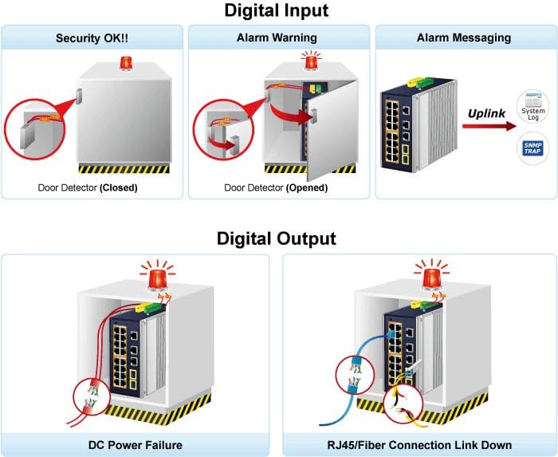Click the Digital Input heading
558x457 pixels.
[x=276, y=10]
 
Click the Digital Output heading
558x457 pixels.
[x=276, y=238]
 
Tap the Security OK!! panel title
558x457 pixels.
[x=92, y=37]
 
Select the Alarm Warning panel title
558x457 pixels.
[x=277, y=37]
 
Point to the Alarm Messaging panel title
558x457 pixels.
[x=464, y=37]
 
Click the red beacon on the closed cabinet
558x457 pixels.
[x=126, y=63]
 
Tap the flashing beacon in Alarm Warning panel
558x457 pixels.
[x=312, y=61]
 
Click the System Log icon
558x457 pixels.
[x=532, y=106]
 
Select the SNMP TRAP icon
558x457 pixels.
[x=532, y=148]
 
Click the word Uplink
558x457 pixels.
[x=486, y=113]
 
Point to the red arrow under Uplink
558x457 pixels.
[x=489, y=126]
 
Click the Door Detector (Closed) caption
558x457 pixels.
[x=88, y=187]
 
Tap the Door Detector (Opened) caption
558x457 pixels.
[x=276, y=187]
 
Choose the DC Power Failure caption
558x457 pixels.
[x=136, y=445]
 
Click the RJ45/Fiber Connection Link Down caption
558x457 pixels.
[x=419, y=445]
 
